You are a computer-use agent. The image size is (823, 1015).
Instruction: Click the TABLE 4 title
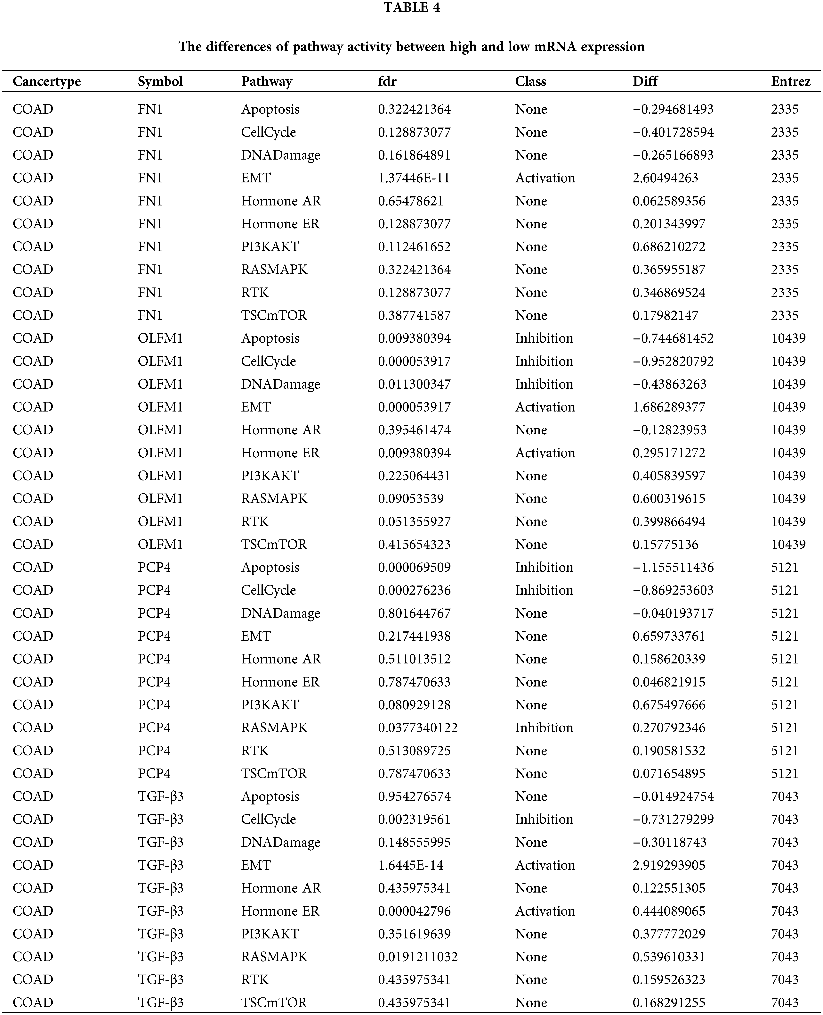(x=411, y=8)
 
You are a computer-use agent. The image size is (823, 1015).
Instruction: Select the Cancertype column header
(x=46, y=82)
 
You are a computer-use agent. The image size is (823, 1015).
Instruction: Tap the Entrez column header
(x=790, y=82)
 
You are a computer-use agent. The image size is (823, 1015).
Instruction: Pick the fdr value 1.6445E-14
(x=410, y=865)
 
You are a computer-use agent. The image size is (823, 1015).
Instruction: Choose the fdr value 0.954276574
(x=414, y=796)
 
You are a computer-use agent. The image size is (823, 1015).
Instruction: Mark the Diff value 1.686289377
(x=668, y=407)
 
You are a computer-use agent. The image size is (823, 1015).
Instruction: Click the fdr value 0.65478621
(x=410, y=201)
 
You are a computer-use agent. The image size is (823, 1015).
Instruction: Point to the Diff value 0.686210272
(x=668, y=247)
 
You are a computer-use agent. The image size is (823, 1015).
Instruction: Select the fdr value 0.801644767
(x=414, y=613)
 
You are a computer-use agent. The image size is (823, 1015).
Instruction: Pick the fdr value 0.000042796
(x=414, y=911)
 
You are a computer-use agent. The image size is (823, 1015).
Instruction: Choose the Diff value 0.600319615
(x=668, y=498)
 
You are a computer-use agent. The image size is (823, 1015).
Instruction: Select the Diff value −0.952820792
(x=673, y=362)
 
